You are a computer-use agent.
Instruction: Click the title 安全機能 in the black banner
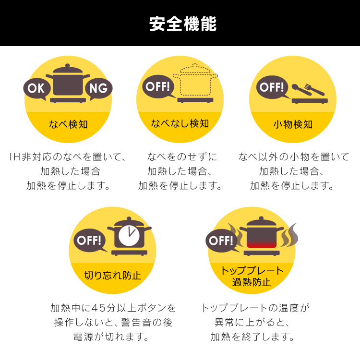tap(183, 24)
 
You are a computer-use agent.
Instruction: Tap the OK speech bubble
tap(36, 89)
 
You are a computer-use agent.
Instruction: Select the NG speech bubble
tap(99, 89)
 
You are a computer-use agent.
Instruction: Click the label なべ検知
tap(68, 124)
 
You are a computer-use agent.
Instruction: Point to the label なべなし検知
tap(180, 123)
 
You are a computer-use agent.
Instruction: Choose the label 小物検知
tap(293, 124)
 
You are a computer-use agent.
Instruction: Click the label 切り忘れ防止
tap(113, 275)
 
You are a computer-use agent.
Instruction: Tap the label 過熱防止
tap(252, 282)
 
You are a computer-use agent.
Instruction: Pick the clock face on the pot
tap(129, 235)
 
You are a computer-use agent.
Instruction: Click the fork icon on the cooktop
tap(314, 90)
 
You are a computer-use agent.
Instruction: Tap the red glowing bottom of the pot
tap(262, 244)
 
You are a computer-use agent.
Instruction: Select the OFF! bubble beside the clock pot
tap(90, 241)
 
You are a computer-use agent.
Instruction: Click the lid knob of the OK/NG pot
tap(67, 66)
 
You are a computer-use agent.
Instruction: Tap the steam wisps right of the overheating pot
tap(289, 235)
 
